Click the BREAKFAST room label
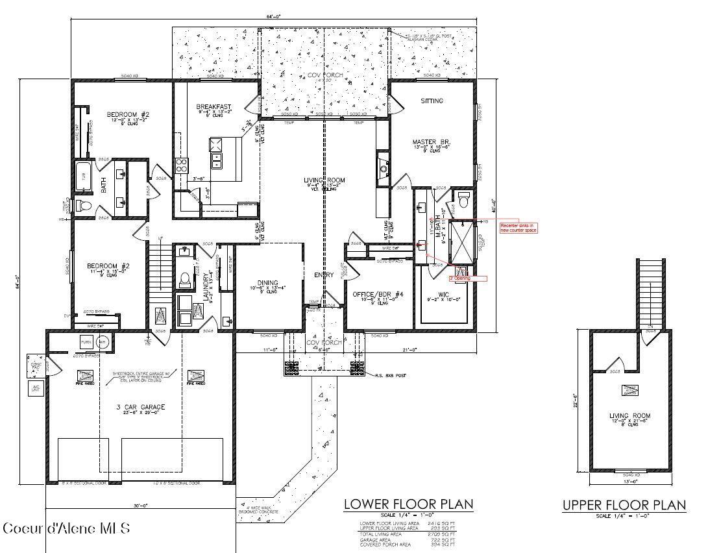coord(214,107)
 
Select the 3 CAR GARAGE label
coord(141,407)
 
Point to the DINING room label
coord(267,283)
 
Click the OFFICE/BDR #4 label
coord(378,295)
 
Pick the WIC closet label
coord(444,295)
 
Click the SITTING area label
coord(432,101)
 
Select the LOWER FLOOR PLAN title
coord(408,504)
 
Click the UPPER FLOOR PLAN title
coord(624,506)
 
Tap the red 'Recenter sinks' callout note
coord(518,227)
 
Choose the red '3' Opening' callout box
coord(468,278)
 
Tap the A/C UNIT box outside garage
coord(34,389)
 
